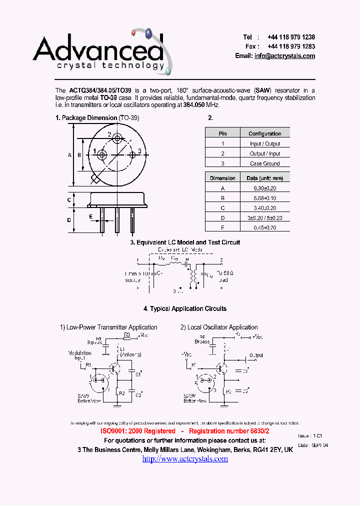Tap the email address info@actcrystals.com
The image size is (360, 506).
point(284,56)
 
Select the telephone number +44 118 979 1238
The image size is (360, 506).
point(291,37)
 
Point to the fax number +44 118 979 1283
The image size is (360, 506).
point(291,46)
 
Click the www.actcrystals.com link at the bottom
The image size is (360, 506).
point(185,459)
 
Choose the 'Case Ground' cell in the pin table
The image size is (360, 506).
point(264,163)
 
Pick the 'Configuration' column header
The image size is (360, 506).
point(264,133)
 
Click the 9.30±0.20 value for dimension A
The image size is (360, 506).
point(264,188)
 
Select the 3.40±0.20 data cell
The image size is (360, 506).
point(264,207)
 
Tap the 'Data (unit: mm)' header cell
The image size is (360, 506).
point(264,178)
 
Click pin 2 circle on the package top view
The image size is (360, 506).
point(117,138)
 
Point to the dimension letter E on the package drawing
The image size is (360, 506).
point(91,216)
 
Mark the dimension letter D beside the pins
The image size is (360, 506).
point(69,220)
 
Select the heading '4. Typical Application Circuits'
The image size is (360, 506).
point(185,309)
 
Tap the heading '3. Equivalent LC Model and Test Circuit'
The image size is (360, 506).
point(185,242)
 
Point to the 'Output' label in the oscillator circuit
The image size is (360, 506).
point(256,356)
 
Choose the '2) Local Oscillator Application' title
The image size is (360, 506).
point(219,327)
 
